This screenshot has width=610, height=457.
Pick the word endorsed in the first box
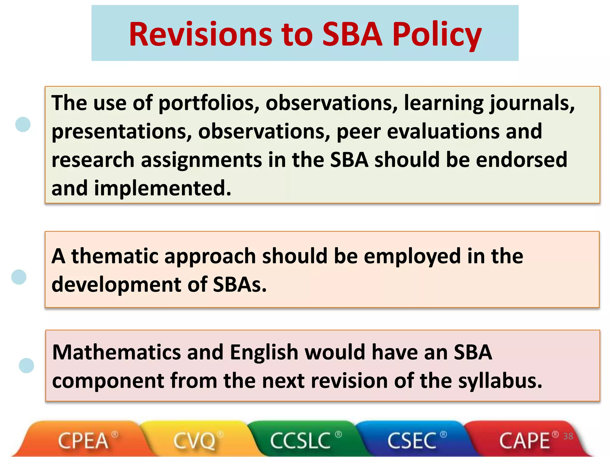coord(521,160)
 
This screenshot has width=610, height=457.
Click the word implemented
coord(162,188)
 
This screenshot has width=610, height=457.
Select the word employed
coord(412,257)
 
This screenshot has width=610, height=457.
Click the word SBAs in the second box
coord(240,284)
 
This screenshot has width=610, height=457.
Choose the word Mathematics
coord(116,352)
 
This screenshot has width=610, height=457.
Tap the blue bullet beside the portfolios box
coord(23,124)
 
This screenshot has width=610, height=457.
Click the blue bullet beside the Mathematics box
coord(26,365)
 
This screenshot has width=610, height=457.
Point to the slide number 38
coord(568,436)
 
